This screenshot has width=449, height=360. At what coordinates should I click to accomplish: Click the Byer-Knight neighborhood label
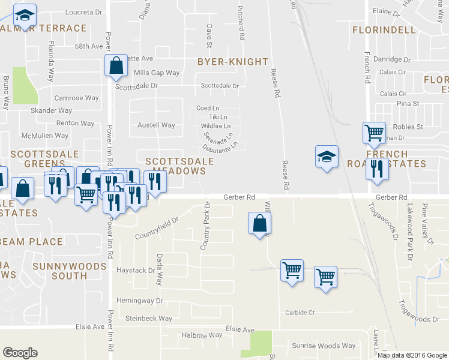tap(233, 62)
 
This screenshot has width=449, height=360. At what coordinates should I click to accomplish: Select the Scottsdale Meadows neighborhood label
tap(179, 166)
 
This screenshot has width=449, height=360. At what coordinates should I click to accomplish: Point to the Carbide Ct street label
tap(300, 313)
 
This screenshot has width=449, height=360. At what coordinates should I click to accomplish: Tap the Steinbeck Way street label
tap(148, 319)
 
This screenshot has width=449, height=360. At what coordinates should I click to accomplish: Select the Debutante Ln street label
tap(220, 146)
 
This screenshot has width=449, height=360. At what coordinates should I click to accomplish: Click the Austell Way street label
tap(156, 125)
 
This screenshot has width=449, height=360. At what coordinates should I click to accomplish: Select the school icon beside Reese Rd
tap(327, 157)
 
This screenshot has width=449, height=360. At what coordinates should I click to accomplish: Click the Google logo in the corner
tap(20, 353)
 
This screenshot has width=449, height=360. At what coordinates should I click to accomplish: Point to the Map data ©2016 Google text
tap(412, 355)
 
